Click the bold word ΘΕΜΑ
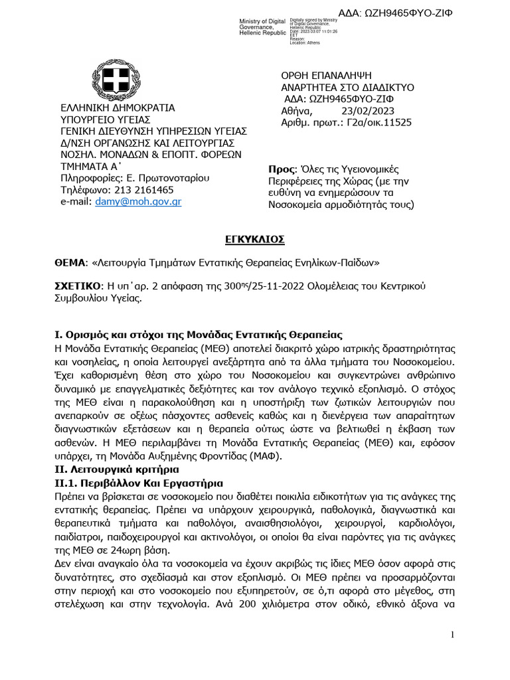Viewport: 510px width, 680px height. (69, 262)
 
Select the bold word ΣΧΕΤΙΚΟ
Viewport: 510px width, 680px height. (77, 286)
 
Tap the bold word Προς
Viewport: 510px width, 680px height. (281, 169)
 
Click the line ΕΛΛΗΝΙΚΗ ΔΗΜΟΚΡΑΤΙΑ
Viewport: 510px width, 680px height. (118, 107)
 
